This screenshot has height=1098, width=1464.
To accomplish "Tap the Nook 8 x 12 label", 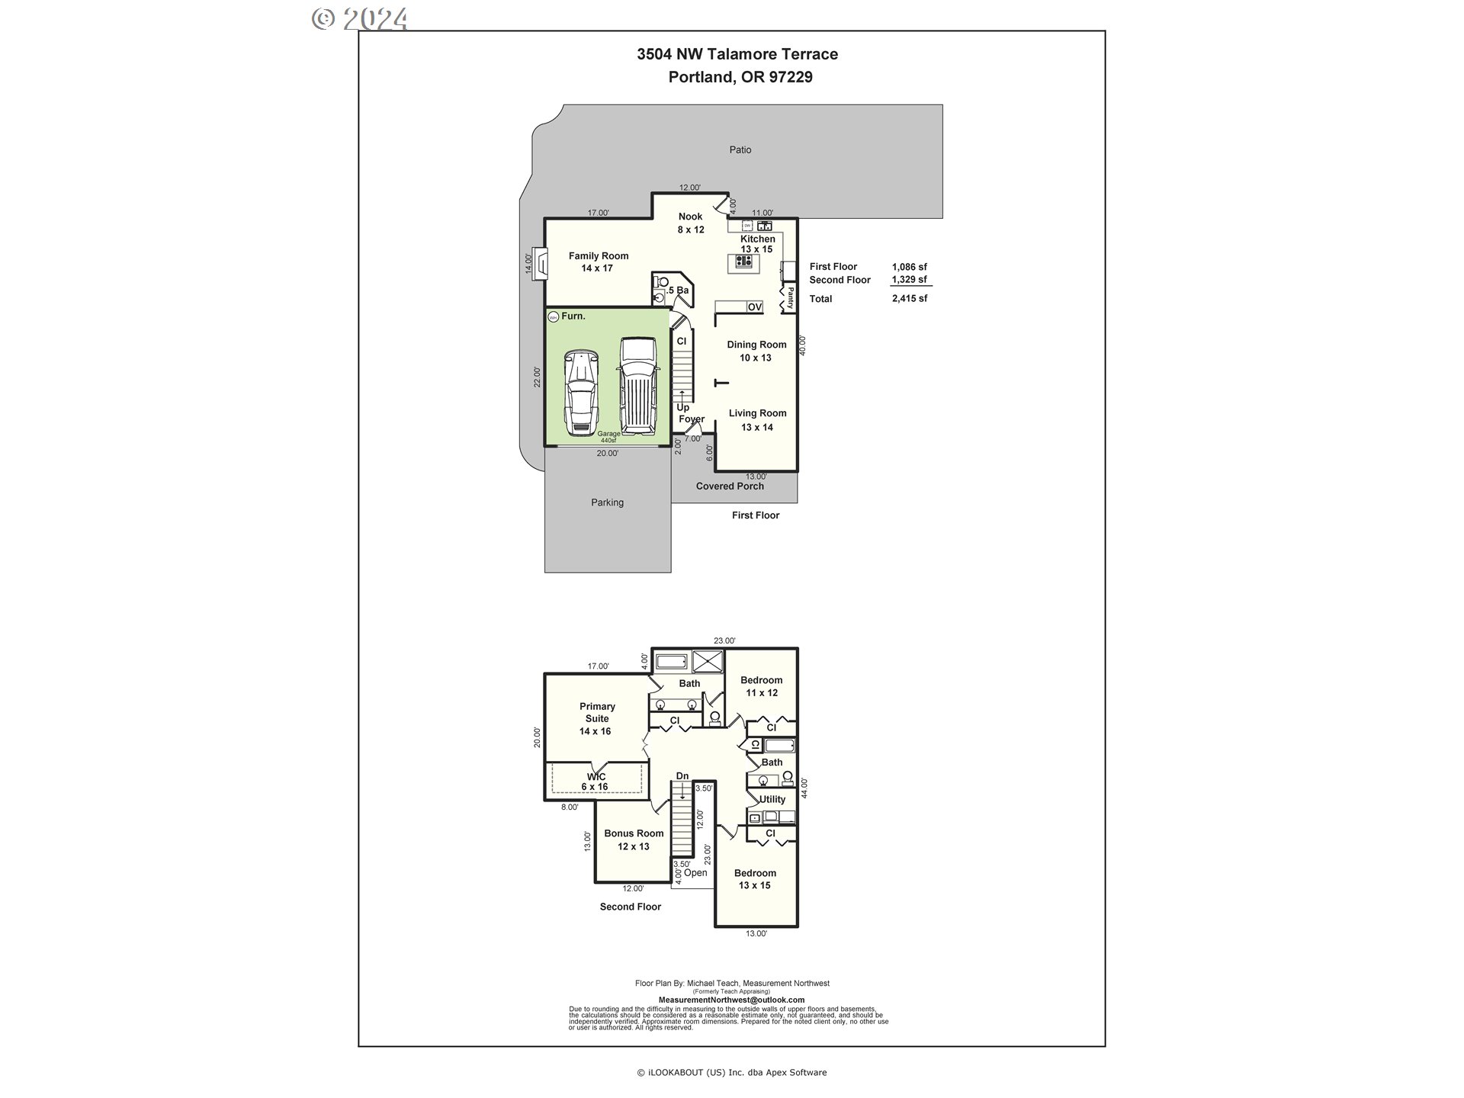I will (691, 223).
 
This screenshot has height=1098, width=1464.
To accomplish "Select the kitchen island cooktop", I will (744, 262).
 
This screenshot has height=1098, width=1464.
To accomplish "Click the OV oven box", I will (754, 307).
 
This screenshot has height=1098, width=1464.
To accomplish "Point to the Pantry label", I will (790, 297).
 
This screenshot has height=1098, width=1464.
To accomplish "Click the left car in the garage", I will (580, 393).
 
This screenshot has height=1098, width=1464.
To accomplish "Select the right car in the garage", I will (637, 385).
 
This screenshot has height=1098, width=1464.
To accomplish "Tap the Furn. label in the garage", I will (573, 316).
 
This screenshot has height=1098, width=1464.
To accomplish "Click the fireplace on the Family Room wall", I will (539, 264).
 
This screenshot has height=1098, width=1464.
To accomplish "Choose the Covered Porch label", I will (730, 486).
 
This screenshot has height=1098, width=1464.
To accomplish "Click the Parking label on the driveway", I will (607, 502).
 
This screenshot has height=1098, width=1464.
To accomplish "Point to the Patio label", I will (740, 149).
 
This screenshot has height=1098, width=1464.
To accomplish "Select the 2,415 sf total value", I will (910, 298).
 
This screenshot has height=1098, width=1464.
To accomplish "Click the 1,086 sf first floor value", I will (910, 266).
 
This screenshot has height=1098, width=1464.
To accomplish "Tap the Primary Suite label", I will (596, 718).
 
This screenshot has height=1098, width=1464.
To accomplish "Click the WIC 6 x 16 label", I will (596, 782).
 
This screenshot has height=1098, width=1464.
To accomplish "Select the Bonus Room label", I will (634, 840).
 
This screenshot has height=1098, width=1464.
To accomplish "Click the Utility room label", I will (772, 799).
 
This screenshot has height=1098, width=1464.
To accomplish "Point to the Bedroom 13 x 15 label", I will (755, 879).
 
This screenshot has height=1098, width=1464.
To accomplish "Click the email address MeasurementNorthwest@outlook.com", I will (731, 1000).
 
